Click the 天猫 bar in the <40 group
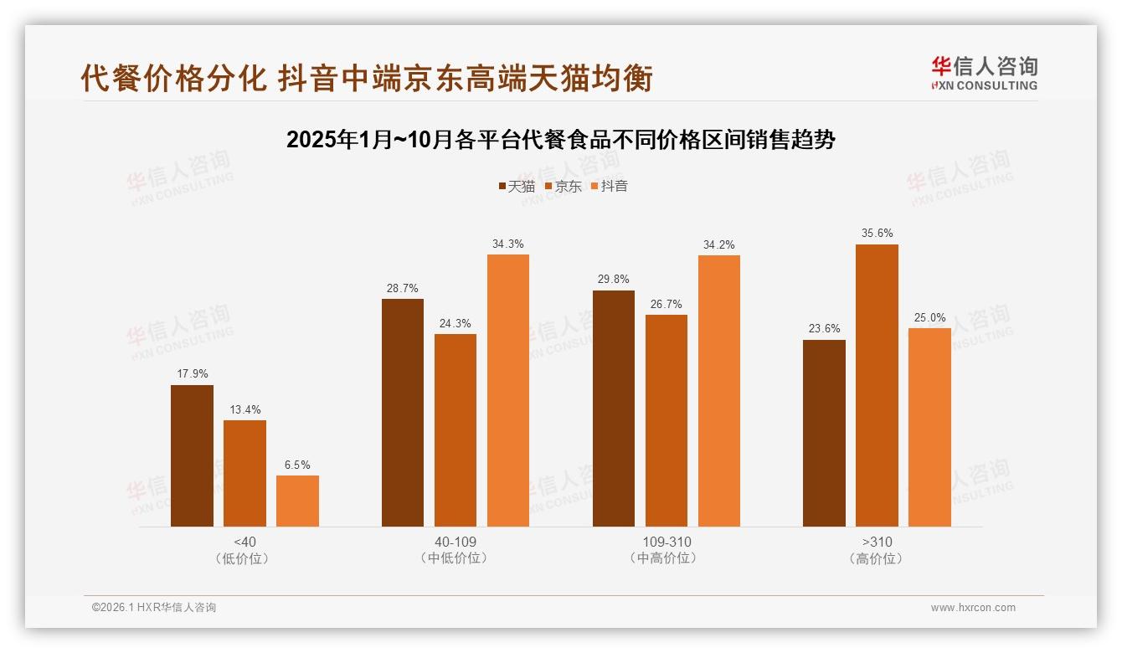click(192, 455)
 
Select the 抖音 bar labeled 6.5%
click(297, 501)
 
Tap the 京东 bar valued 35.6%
click(877, 385)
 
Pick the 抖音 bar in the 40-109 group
click(508, 390)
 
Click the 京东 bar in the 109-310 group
click(666, 420)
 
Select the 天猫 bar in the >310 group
click(824, 433)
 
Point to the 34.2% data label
click(718, 245)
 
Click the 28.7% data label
click(402, 289)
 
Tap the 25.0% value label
click(929, 318)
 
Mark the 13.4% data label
click(244, 410)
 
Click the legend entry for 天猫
click(517, 187)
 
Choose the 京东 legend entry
click(564, 187)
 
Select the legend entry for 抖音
click(610, 187)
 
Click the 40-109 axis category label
click(455, 542)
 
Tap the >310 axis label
click(877, 542)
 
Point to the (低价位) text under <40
click(244, 558)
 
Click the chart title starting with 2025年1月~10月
click(560, 140)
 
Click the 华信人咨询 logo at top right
click(984, 73)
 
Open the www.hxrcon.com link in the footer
click(973, 608)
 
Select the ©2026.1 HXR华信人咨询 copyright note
click(154, 608)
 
